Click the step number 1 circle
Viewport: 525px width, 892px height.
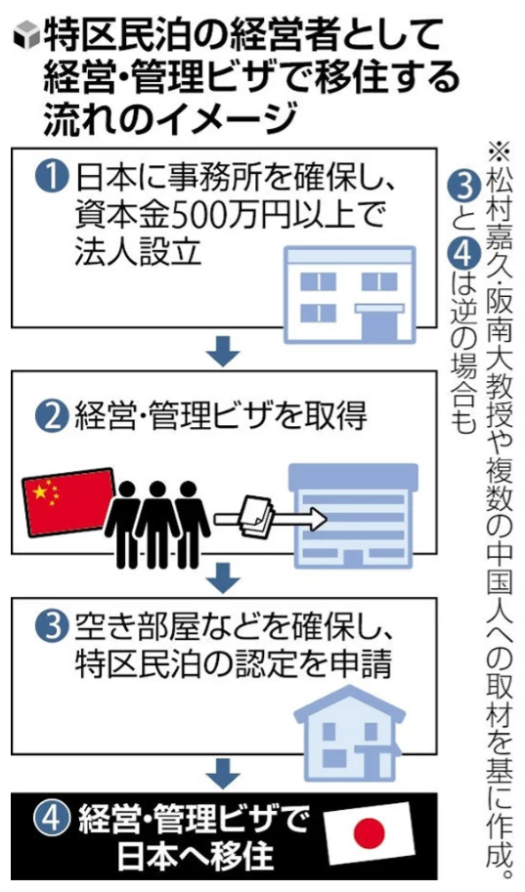(x=53, y=177)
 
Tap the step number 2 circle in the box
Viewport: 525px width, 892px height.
(x=53, y=417)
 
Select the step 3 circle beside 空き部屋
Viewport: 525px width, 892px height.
(x=53, y=626)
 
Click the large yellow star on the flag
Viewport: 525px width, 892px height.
(x=40, y=490)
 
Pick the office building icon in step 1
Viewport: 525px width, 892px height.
(x=349, y=295)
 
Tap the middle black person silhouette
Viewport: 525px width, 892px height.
(x=157, y=524)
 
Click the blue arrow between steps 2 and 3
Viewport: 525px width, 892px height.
(x=223, y=578)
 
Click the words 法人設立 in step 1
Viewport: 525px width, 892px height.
(x=139, y=251)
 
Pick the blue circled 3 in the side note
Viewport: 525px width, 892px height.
(x=464, y=185)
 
